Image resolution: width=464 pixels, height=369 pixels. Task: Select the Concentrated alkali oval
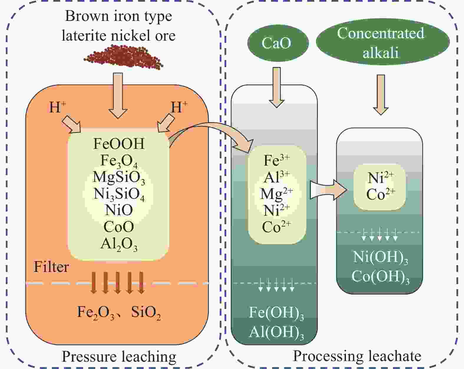382,42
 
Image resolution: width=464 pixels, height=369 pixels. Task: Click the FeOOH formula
119,144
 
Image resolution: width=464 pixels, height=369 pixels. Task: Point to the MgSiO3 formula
119,177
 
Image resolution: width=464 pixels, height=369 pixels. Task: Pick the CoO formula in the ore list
119,227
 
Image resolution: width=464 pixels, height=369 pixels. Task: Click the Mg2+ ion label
276,194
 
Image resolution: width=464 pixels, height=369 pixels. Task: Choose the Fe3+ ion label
276,160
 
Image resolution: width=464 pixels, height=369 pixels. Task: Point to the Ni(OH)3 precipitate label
380,257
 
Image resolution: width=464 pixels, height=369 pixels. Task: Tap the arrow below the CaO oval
276,87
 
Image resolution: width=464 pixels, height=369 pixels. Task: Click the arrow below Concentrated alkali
381,94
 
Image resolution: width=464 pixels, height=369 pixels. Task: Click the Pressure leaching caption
119,356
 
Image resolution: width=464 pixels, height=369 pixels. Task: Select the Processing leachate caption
357,356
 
